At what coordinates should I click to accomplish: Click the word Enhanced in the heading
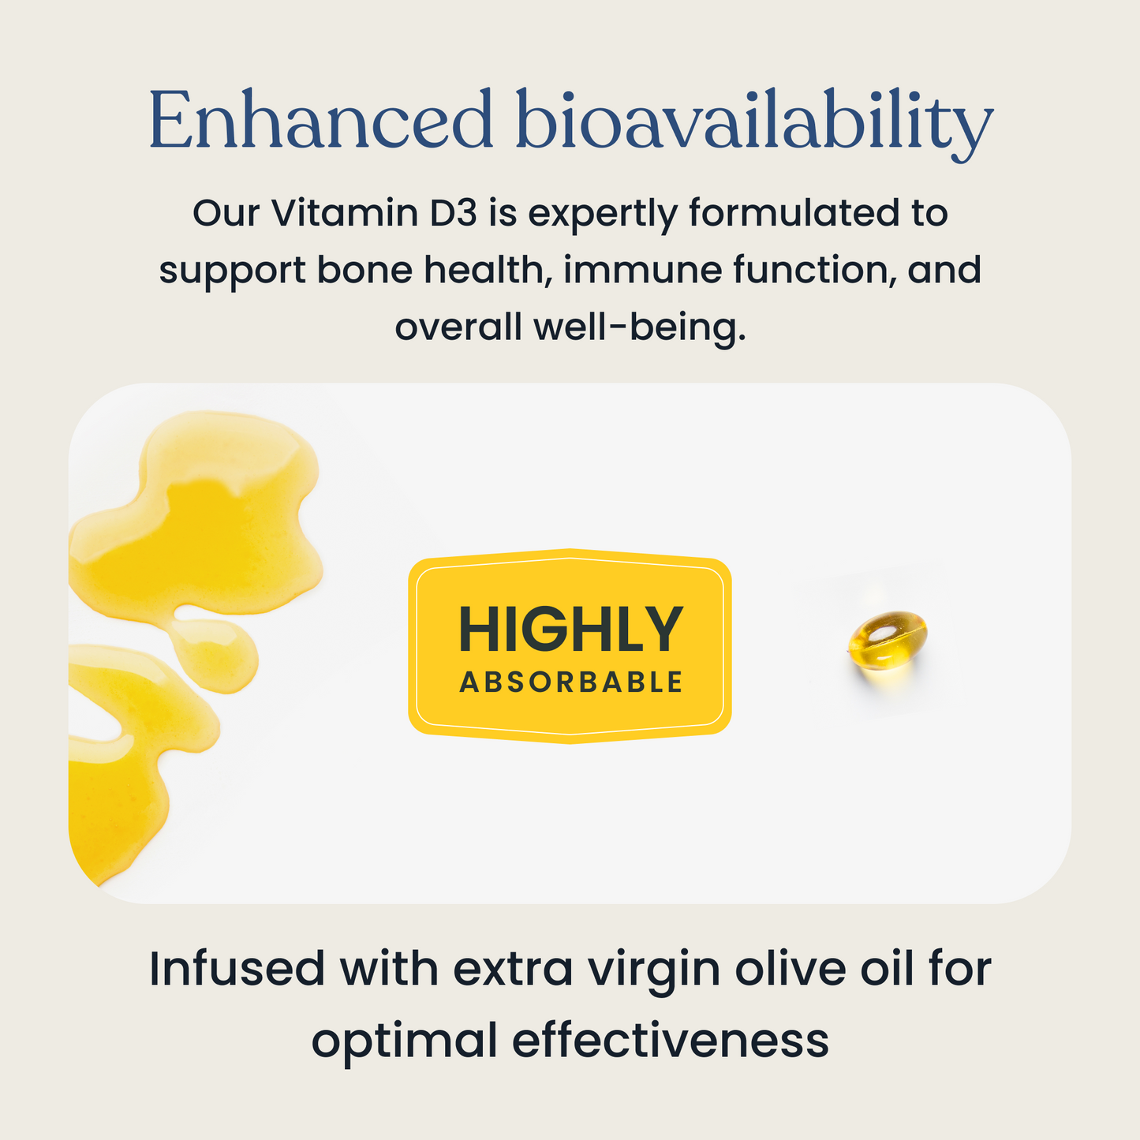pyautogui.click(x=320, y=121)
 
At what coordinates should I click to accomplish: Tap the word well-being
pyautogui.click(x=640, y=327)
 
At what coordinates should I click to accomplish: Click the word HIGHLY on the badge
pyautogui.click(x=570, y=630)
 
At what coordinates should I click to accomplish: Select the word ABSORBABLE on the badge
pyautogui.click(x=570, y=682)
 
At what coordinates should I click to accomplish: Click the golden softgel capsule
pyautogui.click(x=888, y=641)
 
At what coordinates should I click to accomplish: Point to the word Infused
pyautogui.click(x=237, y=969)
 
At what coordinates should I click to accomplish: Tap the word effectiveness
pyautogui.click(x=671, y=1040)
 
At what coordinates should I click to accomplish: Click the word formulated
pyautogui.click(x=793, y=213)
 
